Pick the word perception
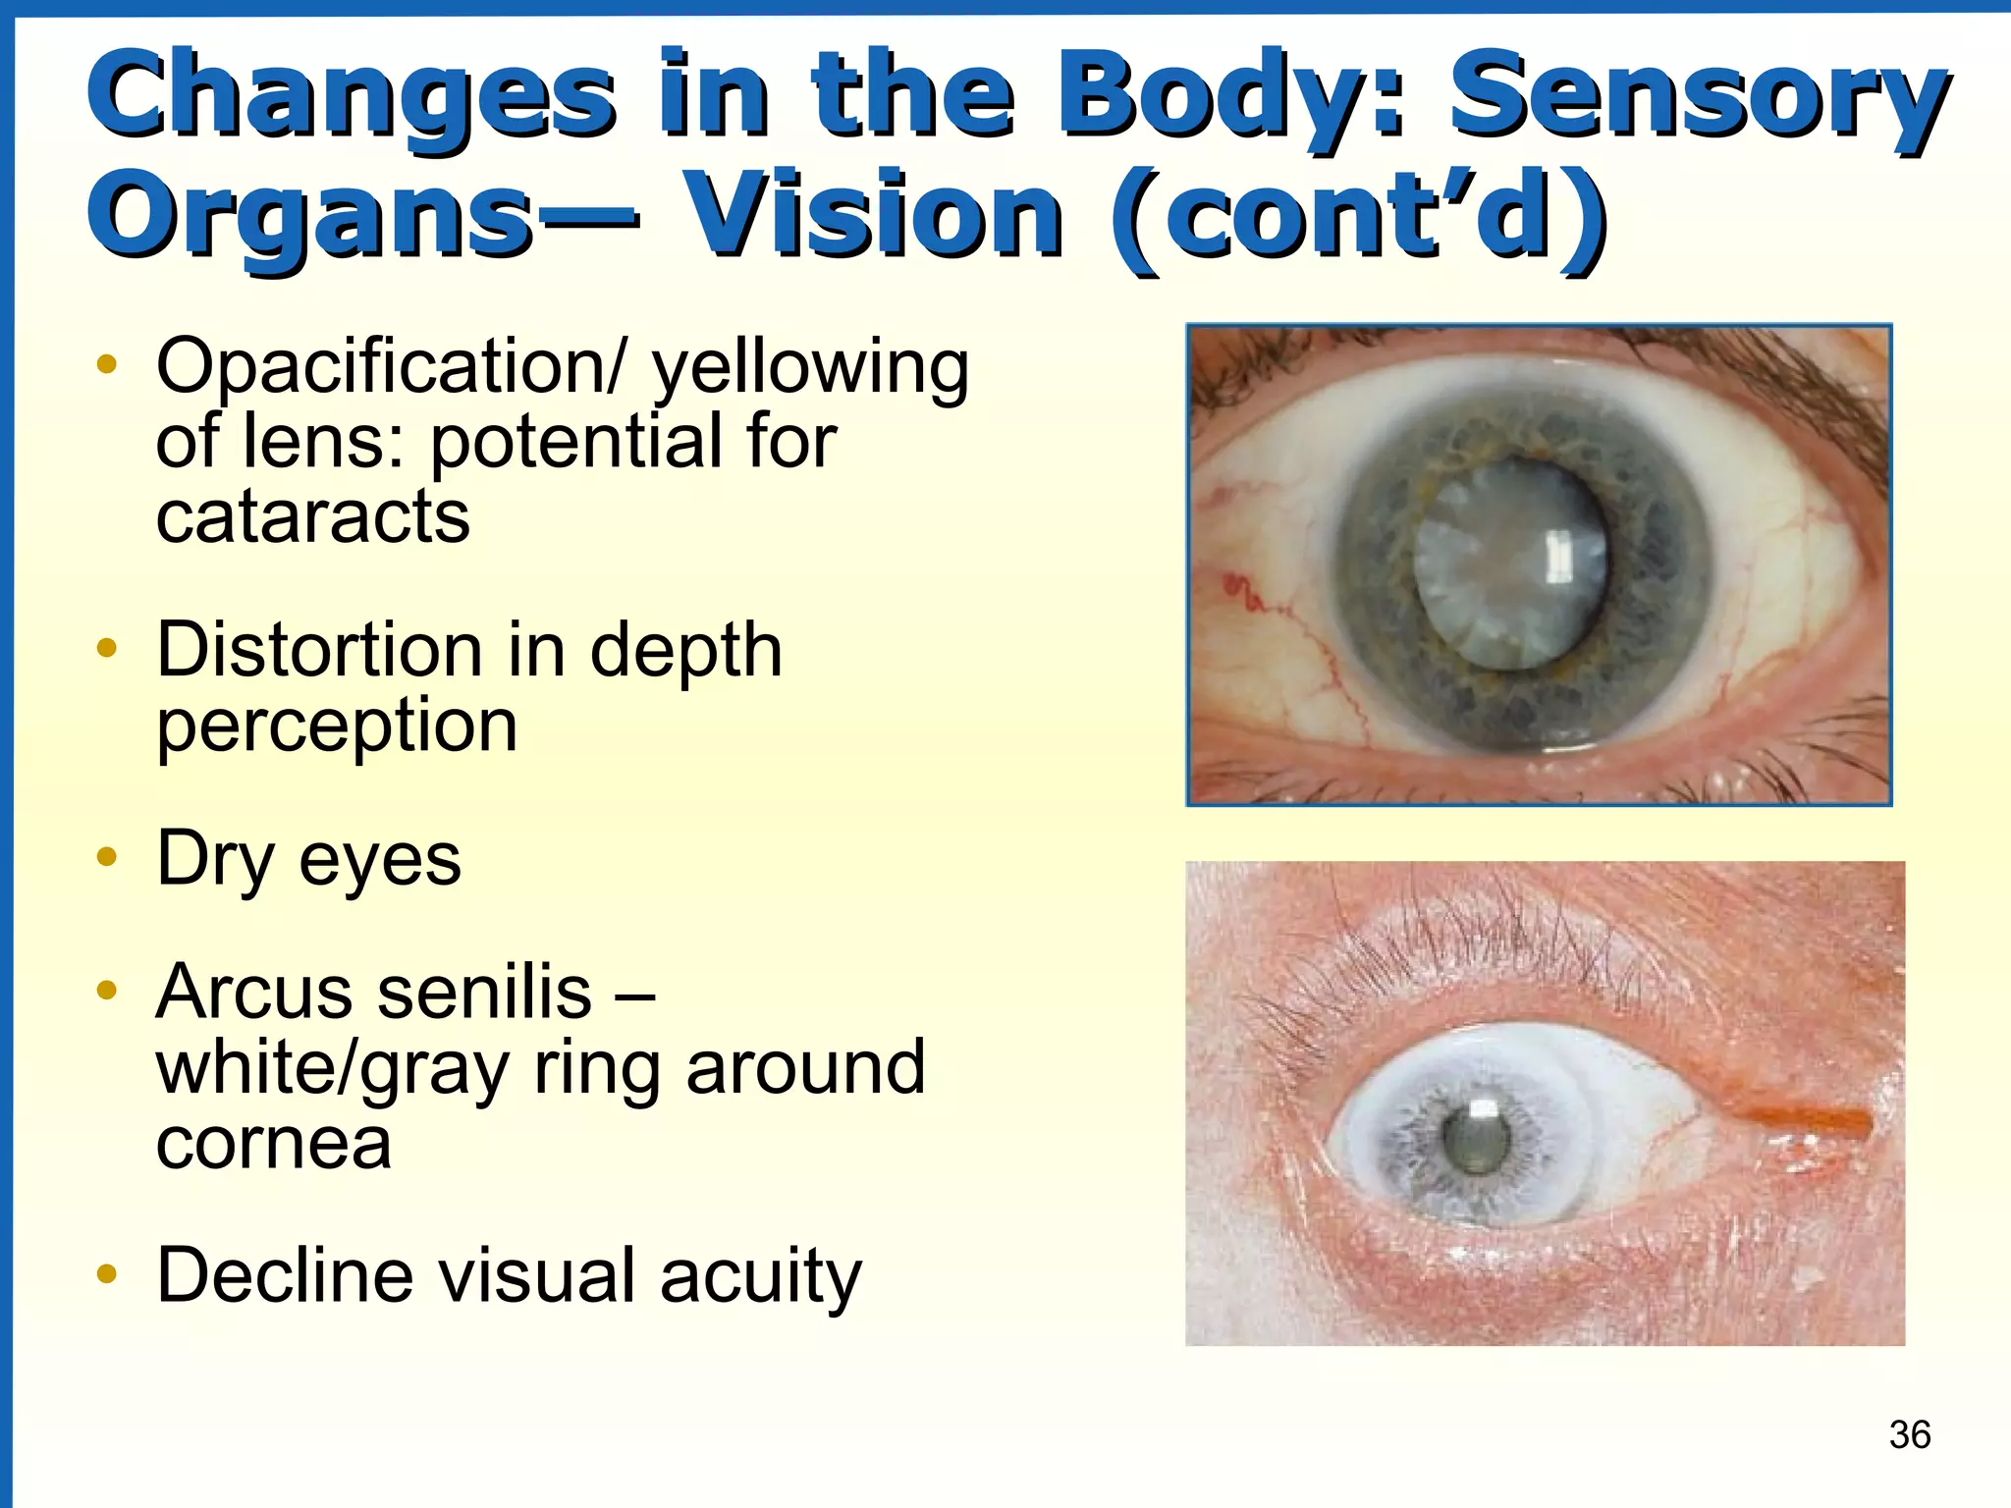click(x=337, y=727)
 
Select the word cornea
click(x=273, y=1143)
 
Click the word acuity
click(x=760, y=1275)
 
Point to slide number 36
click(x=1909, y=1434)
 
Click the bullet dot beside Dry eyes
click(x=107, y=857)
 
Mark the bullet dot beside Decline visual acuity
click(x=107, y=1274)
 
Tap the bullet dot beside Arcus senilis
click(x=107, y=990)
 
